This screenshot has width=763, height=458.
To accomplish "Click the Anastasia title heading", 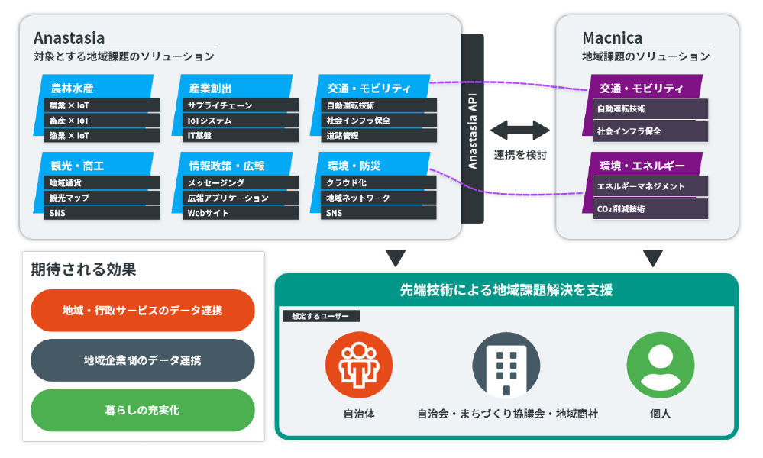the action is (69, 38).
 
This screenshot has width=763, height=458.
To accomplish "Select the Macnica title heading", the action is (612, 38).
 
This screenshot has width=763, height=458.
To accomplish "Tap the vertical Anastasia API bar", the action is (473, 129).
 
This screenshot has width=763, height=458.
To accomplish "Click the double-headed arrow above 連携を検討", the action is (520, 131).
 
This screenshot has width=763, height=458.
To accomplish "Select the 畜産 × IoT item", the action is (102, 121).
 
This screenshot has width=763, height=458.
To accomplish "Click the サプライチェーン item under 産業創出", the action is (241, 105).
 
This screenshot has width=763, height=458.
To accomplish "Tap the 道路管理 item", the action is (379, 136).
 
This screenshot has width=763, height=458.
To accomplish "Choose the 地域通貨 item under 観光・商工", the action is (102, 182).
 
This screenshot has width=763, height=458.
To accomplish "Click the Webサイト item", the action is (241, 213).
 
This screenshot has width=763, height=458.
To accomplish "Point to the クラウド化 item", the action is (379, 182).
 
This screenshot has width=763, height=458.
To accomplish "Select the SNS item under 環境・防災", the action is (379, 213).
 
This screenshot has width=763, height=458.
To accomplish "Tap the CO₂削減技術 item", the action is (651, 209).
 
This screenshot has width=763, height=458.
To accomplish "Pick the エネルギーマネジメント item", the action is (651, 186).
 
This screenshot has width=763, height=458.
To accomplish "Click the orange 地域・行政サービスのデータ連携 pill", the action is (143, 310).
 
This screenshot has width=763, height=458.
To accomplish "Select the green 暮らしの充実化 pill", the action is (143, 410).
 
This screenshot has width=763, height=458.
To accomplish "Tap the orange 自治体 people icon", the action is (359, 365).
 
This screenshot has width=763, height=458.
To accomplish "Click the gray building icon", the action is (506, 365).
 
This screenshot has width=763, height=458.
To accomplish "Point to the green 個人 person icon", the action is (661, 365).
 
